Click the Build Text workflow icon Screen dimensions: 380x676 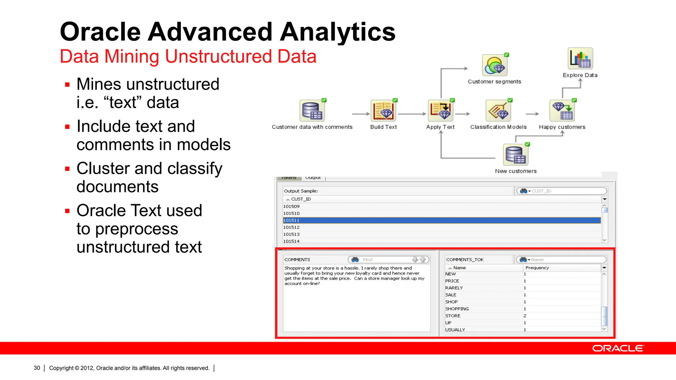point(383,111)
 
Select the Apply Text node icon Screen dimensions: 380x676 point(441,111)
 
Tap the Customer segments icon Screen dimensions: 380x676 point(494,66)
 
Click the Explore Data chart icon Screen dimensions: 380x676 point(580,59)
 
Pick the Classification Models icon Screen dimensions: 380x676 point(498,111)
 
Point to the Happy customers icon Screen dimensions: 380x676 point(562,111)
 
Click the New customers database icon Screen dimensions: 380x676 point(516,155)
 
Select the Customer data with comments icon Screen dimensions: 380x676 point(312,111)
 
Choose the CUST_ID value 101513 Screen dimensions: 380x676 point(292,234)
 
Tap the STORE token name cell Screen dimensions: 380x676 point(453,316)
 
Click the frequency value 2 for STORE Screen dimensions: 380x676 point(525,316)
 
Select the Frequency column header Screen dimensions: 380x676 point(537,268)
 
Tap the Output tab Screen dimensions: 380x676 point(313,178)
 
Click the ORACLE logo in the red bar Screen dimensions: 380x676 point(618,348)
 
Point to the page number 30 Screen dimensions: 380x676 point(37,368)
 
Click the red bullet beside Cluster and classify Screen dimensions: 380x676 point(67,169)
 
